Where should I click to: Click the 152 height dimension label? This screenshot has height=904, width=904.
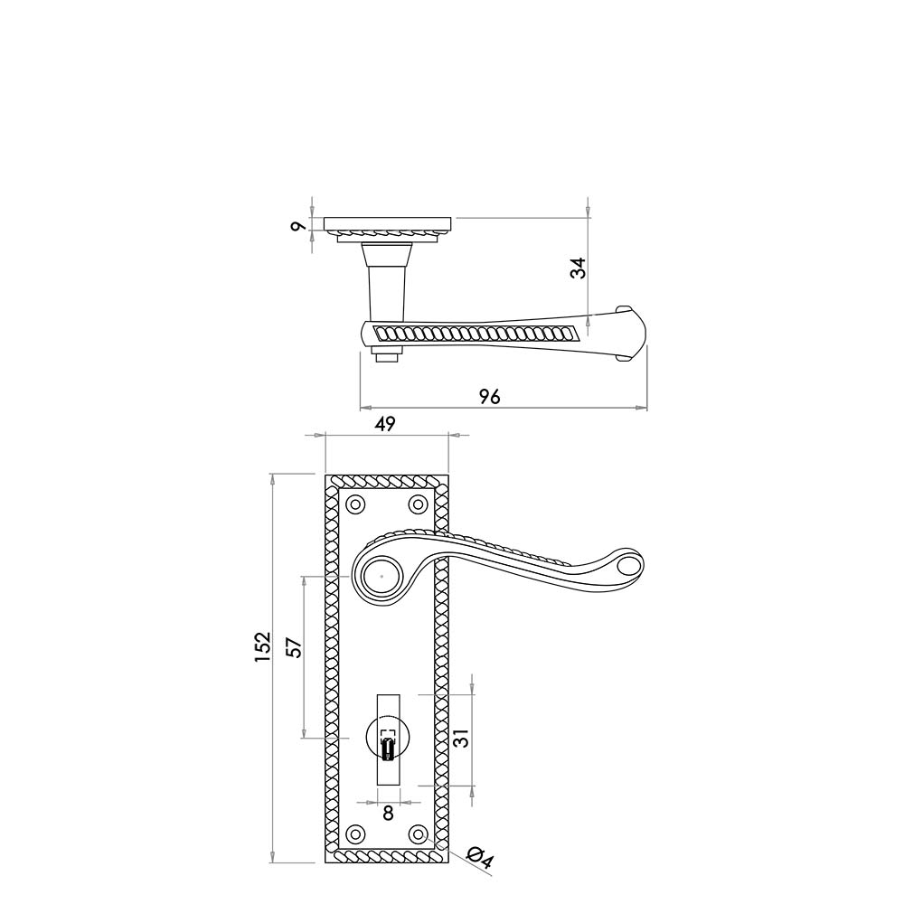pos(263,647)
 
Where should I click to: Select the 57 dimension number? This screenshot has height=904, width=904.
pos(294,647)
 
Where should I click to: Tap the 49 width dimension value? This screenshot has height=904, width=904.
pos(385,424)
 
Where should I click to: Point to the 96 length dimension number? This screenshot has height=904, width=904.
pos(489,397)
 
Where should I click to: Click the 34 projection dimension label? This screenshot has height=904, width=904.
pos(578,268)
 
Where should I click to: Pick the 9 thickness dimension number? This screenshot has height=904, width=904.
pos(297,227)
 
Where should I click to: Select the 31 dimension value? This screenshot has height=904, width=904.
pos(463,739)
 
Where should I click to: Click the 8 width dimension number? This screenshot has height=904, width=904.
pos(388,813)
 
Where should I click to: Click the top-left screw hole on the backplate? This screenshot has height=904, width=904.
pos(355,504)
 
